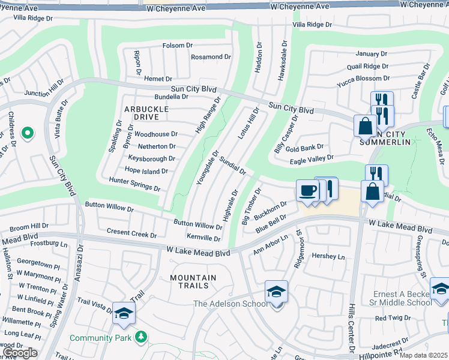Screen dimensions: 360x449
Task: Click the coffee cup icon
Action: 307,191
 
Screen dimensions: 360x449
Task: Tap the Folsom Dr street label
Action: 177,46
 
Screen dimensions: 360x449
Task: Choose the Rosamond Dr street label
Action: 211,57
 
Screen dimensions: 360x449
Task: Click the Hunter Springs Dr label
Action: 134,184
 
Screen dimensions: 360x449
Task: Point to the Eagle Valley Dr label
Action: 312,158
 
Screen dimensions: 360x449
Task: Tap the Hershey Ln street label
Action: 329,256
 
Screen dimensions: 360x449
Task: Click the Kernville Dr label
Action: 203,238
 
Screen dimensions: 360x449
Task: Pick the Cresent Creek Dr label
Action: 131,232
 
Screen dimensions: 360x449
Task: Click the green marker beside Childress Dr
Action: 27,133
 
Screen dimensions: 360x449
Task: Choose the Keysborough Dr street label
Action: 151,158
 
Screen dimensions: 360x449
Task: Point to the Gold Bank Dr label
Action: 304,147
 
